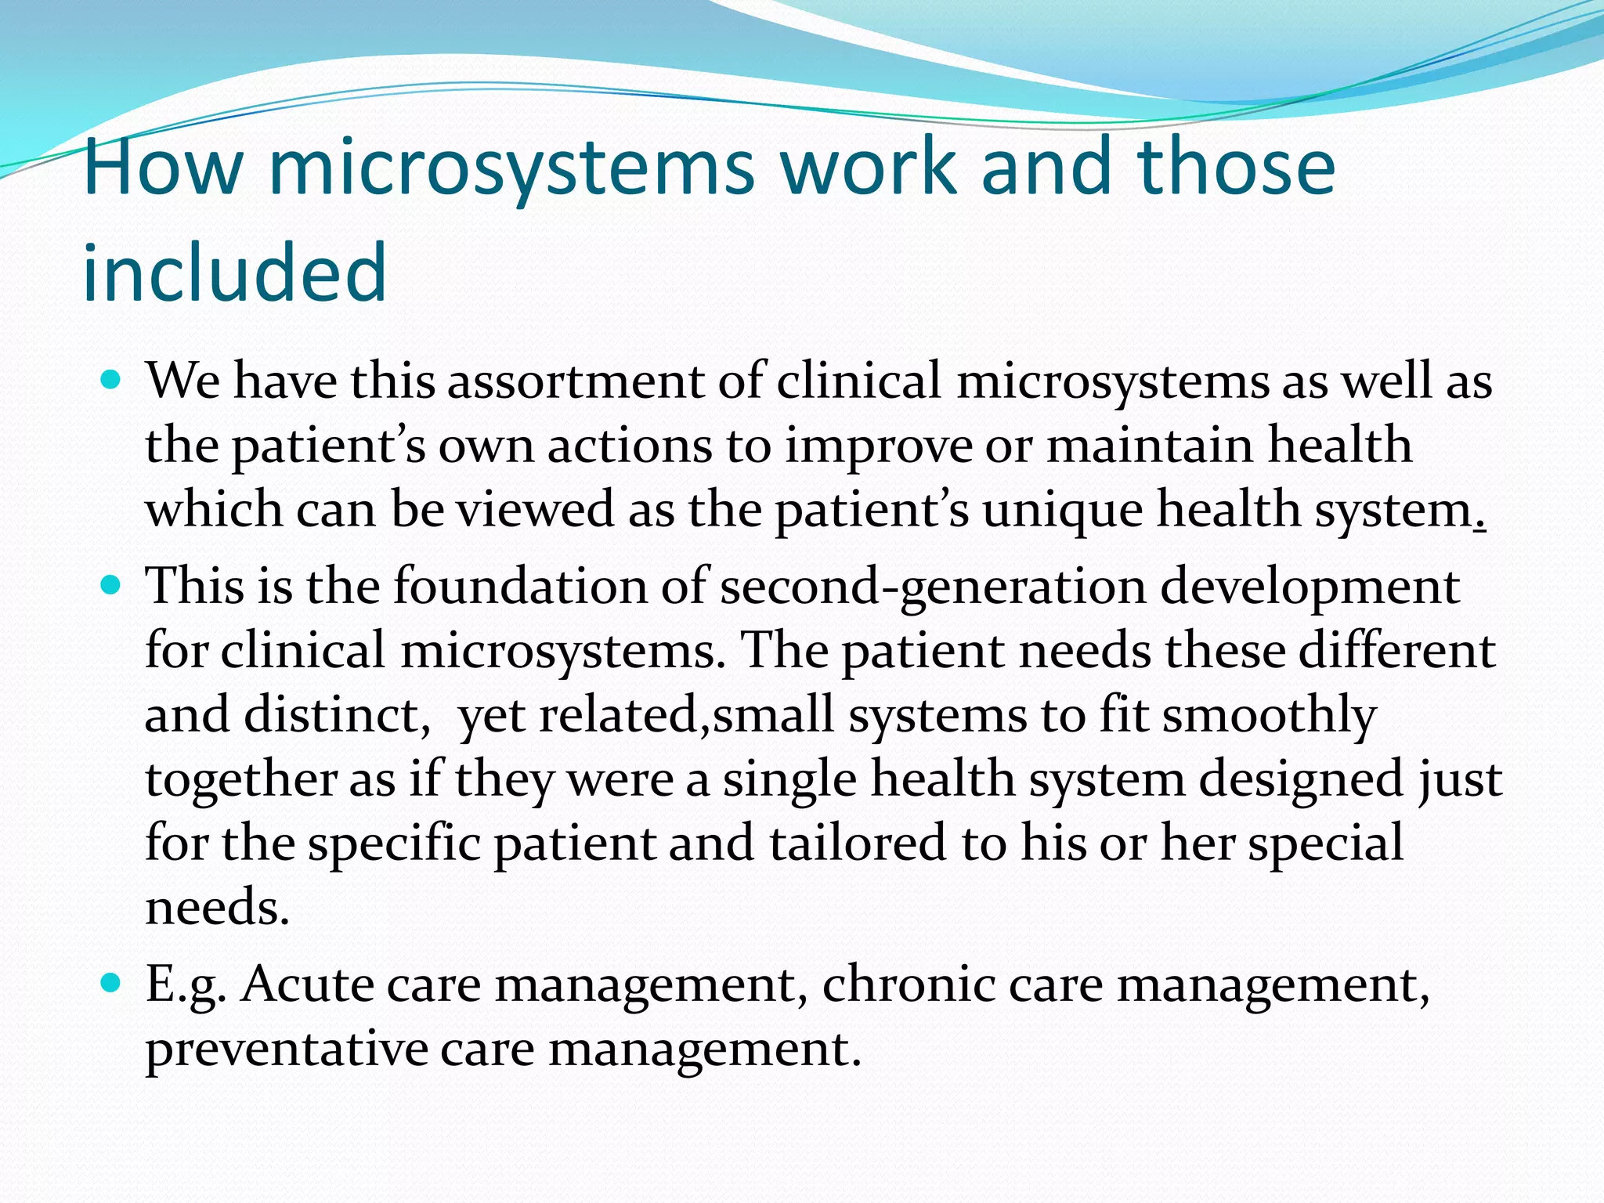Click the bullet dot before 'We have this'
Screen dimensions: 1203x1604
[x=111, y=381]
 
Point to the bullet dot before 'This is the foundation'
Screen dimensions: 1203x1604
[x=111, y=586]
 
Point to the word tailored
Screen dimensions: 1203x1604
[x=857, y=844]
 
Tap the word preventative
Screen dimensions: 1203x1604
[x=287, y=1049]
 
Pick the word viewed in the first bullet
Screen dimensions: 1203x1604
[x=535, y=510]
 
